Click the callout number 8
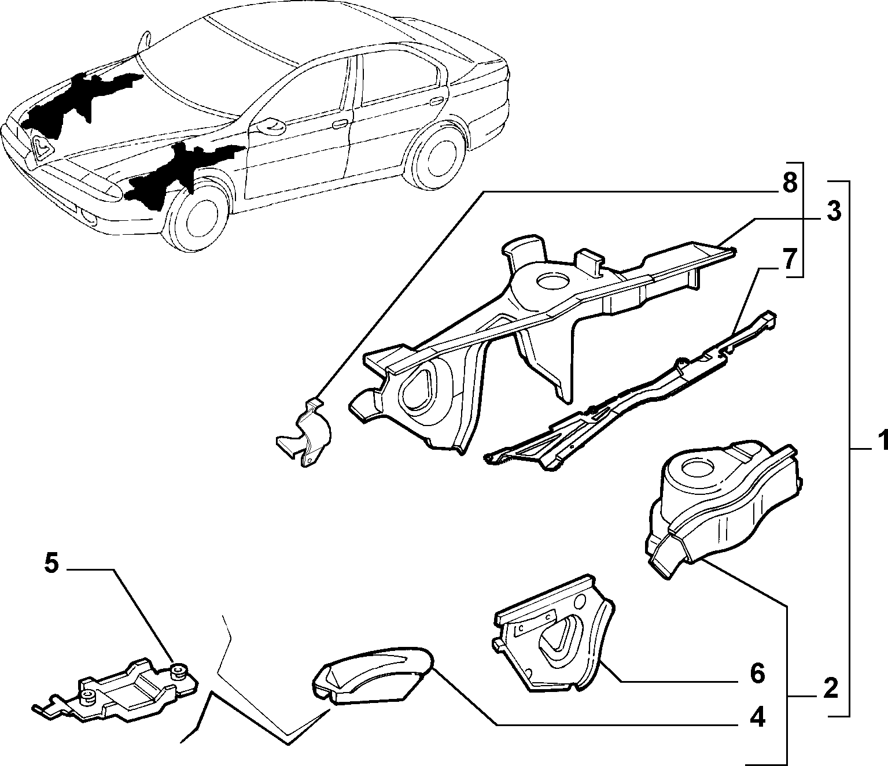790,183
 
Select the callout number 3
834,212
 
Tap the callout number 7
790,258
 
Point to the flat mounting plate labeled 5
115,695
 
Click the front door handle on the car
340,124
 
